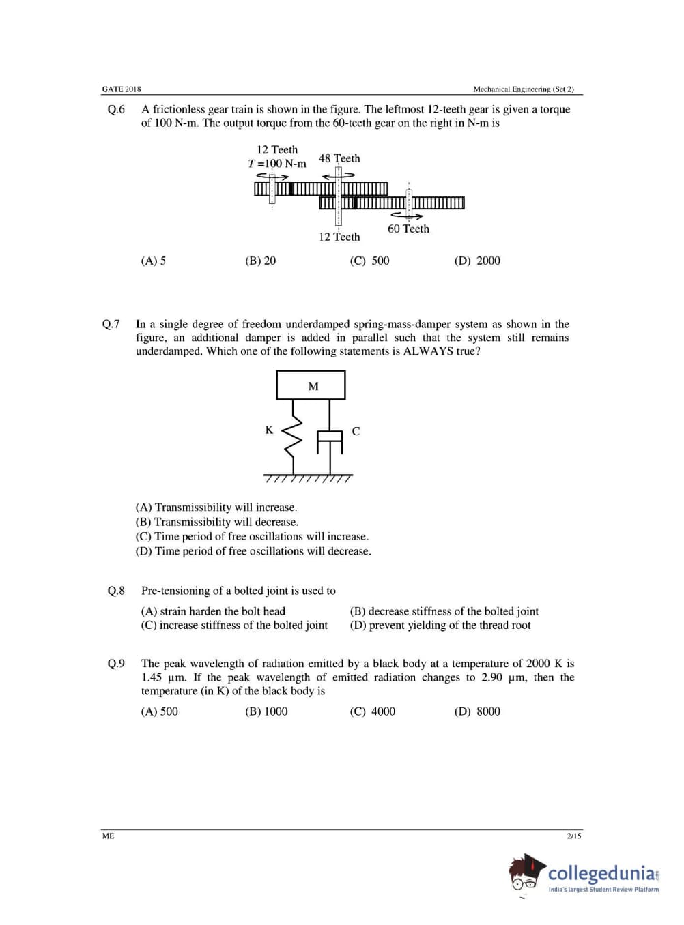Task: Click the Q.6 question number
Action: pyautogui.click(x=116, y=110)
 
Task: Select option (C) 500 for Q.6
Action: pyautogui.click(x=369, y=261)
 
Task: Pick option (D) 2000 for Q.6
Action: pyautogui.click(x=477, y=261)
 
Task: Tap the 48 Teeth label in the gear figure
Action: pyautogui.click(x=339, y=158)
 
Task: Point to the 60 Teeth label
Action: pyautogui.click(x=408, y=229)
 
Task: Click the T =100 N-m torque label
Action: pyautogui.click(x=277, y=164)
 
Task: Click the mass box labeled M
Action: pyautogui.click(x=311, y=385)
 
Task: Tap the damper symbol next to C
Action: pyautogui.click(x=330, y=442)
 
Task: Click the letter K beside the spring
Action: pyautogui.click(x=269, y=430)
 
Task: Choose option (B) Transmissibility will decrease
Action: pyautogui.click(x=217, y=522)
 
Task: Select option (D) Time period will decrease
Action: pyautogui.click(x=253, y=551)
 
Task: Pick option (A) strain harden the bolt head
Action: pyautogui.click(x=213, y=611)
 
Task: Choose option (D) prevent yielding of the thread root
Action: pyautogui.click(x=440, y=625)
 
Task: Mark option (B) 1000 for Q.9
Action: pyautogui.click(x=266, y=711)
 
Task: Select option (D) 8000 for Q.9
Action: pyautogui.click(x=477, y=711)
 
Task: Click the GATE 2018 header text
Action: pyautogui.click(x=122, y=89)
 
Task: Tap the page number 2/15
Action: pyautogui.click(x=574, y=836)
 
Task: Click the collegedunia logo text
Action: pyautogui.click(x=601, y=872)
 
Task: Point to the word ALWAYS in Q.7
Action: pyautogui.click(x=428, y=351)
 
